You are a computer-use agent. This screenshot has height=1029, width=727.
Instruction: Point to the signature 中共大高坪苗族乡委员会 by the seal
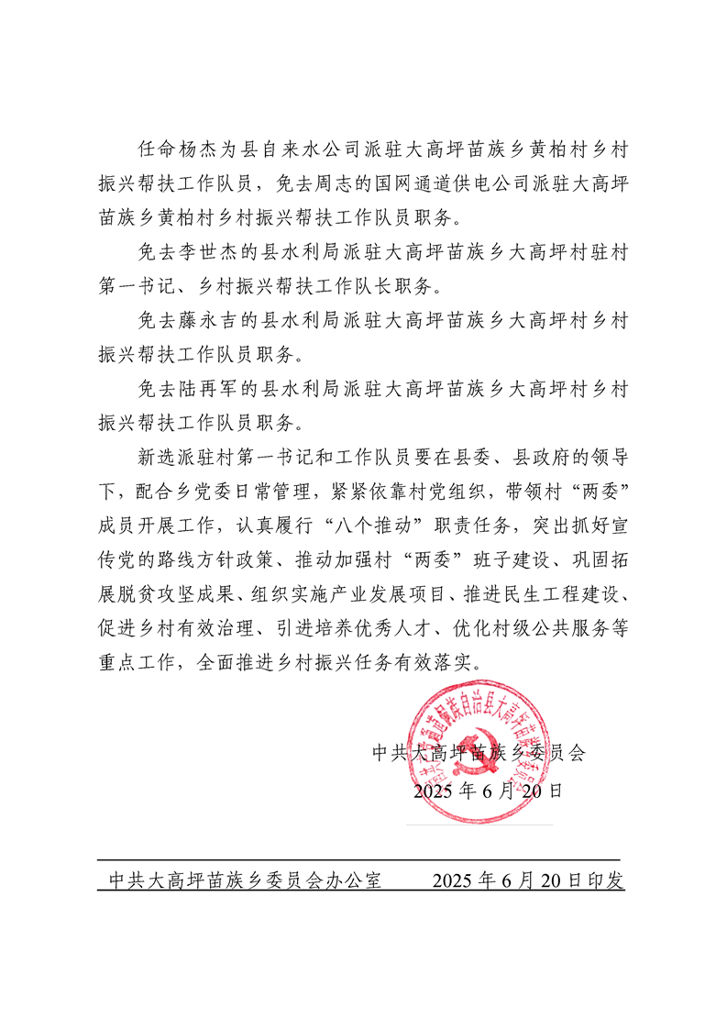point(478,754)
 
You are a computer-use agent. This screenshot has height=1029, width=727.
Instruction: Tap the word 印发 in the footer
point(608,881)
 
